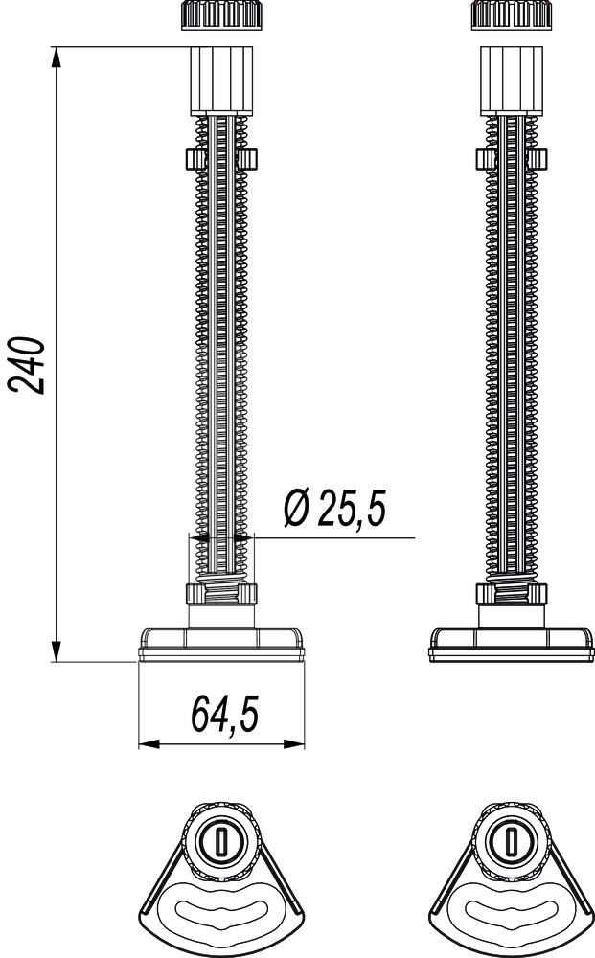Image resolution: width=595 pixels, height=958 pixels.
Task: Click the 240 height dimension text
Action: [27, 364]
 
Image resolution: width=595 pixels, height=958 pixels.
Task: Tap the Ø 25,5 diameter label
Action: [334, 509]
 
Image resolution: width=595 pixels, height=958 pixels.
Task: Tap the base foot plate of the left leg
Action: [222, 643]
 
